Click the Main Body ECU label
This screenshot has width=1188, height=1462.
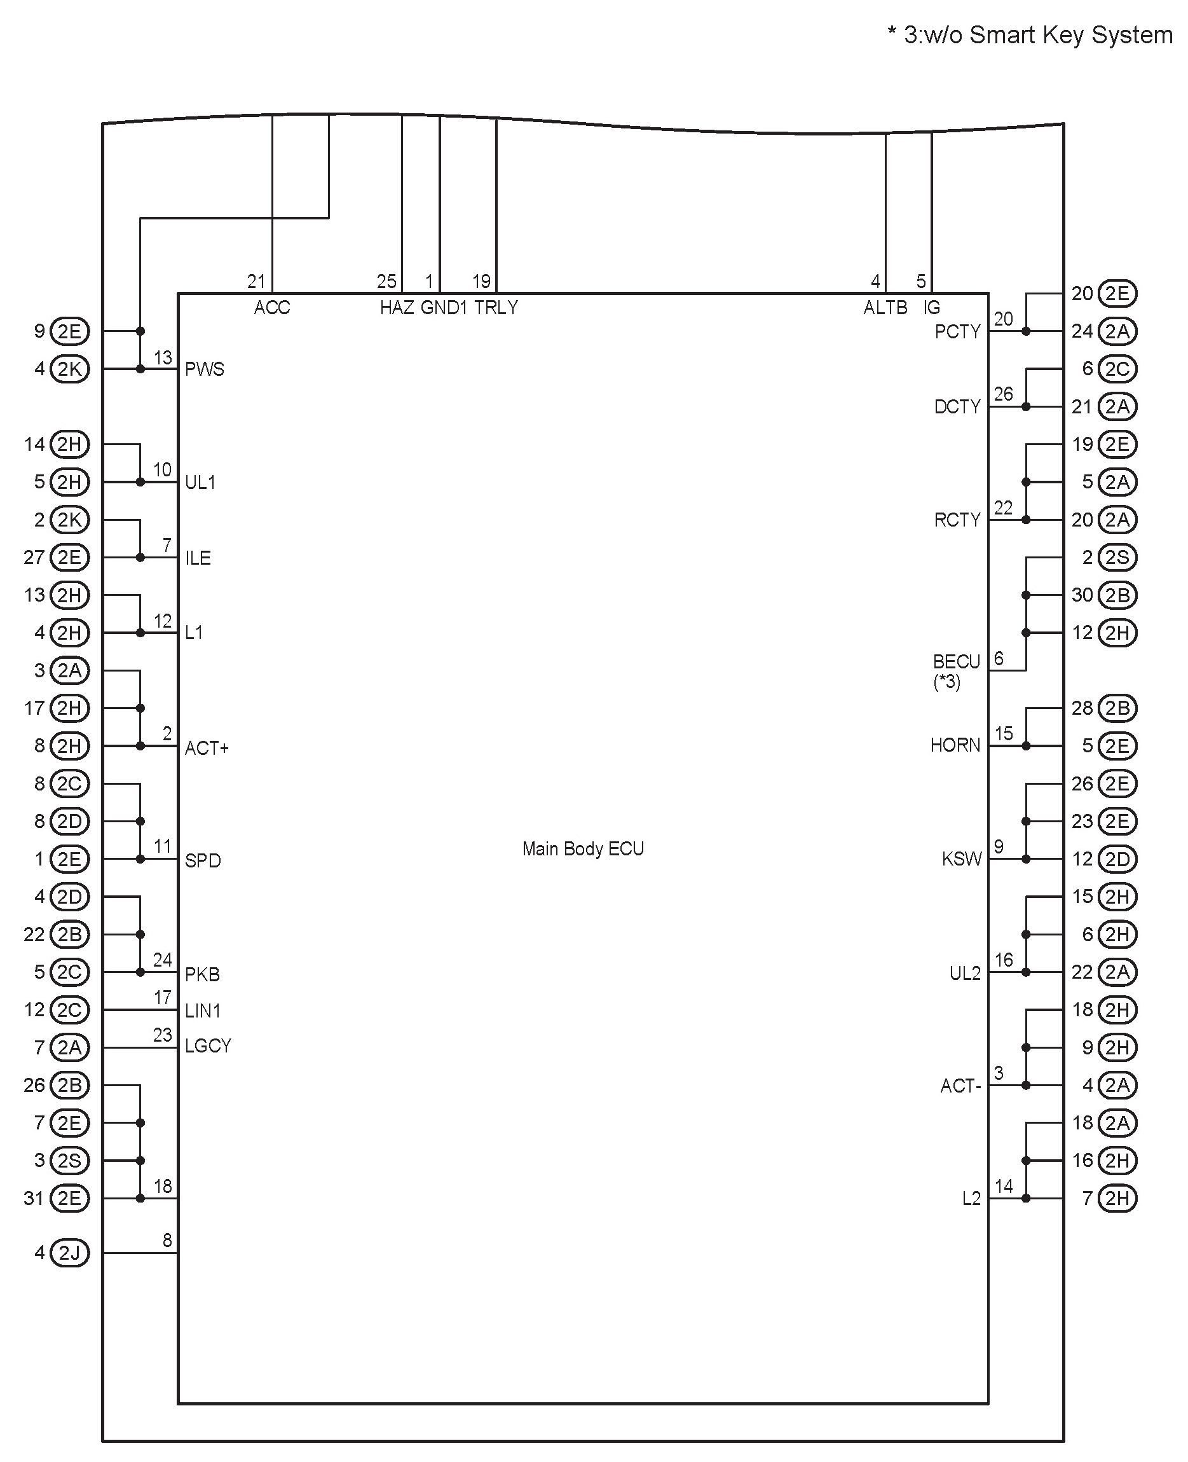tap(583, 849)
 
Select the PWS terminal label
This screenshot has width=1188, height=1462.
tap(204, 369)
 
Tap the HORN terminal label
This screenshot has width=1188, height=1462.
tap(955, 745)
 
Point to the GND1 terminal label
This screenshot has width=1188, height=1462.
tap(444, 308)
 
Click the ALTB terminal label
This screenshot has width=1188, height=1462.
tap(885, 308)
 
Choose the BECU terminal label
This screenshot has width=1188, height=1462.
tap(956, 662)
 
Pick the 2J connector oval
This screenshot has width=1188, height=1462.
tap(70, 1253)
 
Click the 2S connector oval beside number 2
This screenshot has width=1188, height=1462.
tap(1117, 557)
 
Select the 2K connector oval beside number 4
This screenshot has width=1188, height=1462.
tap(70, 369)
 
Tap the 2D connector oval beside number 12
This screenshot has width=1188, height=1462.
tap(1117, 859)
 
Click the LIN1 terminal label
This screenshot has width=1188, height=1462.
tap(203, 1010)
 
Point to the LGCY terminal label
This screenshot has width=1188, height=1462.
tap(208, 1046)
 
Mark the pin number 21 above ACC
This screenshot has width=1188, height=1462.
tap(256, 281)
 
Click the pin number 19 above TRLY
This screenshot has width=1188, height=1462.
tap(481, 281)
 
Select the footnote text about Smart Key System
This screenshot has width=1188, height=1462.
tap(1029, 35)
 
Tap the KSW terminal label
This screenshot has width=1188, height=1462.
tap(961, 859)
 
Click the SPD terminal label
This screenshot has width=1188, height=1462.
tap(203, 860)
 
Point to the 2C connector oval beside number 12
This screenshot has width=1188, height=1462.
tap(70, 1010)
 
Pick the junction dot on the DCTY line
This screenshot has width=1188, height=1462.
tap(1026, 406)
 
